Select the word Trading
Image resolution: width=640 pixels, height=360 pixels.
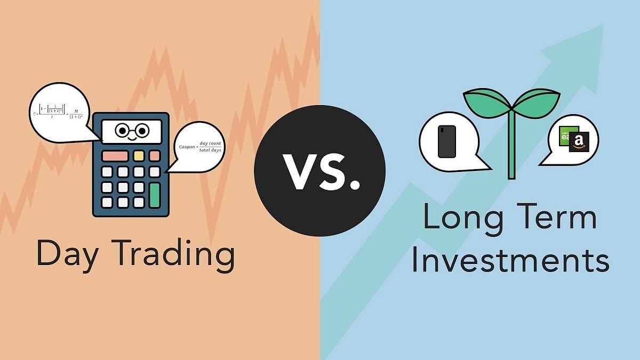(175, 255)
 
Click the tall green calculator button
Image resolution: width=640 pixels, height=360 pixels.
(155, 195)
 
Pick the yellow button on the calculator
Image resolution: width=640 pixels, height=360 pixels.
(139, 156)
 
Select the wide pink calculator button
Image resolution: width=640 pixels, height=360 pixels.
(115, 156)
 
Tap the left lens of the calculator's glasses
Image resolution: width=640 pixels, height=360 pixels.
(122, 130)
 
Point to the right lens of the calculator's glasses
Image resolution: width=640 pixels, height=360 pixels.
(141, 130)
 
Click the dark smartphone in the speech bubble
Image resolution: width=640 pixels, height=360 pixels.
(446, 141)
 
